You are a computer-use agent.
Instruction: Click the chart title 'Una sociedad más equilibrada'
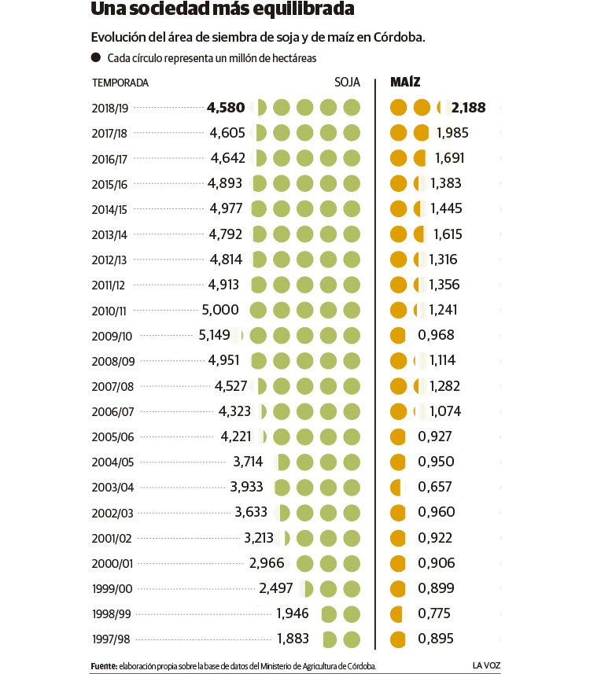point(222,11)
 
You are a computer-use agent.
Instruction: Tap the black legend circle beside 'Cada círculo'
point(96,57)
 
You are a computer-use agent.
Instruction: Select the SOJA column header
point(347,82)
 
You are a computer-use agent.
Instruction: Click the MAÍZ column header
point(406,82)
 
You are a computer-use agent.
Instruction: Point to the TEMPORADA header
point(120,83)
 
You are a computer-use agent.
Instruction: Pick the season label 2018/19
point(109,109)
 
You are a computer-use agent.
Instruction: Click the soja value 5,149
point(214,335)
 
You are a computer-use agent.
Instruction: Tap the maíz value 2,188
point(469,108)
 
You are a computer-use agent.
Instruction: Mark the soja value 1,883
point(293,639)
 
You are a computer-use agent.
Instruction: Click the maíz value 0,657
point(436,487)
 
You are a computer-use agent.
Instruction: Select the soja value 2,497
point(275,588)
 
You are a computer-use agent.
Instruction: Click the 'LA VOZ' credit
point(486,665)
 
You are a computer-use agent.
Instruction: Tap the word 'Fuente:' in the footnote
point(104,665)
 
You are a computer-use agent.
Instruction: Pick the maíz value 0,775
point(436,613)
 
